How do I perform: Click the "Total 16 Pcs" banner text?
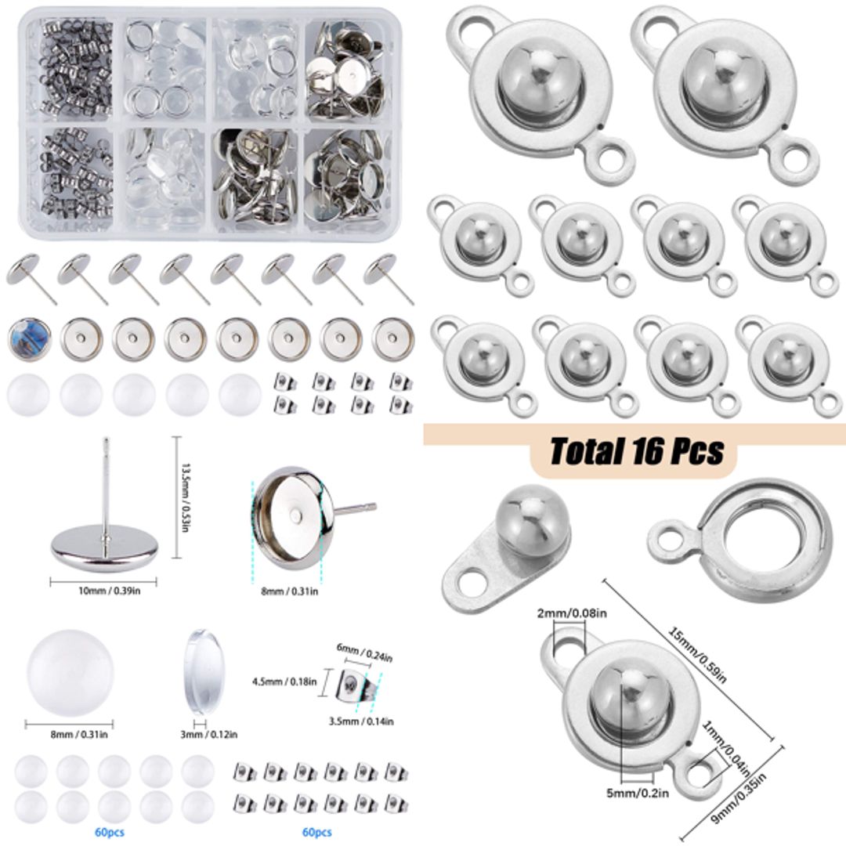[x=636, y=452]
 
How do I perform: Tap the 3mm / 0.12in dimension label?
[x=207, y=734]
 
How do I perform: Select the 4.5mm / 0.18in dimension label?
[x=284, y=681]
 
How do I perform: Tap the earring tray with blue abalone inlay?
[x=28, y=338]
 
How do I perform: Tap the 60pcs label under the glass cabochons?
[x=107, y=832]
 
